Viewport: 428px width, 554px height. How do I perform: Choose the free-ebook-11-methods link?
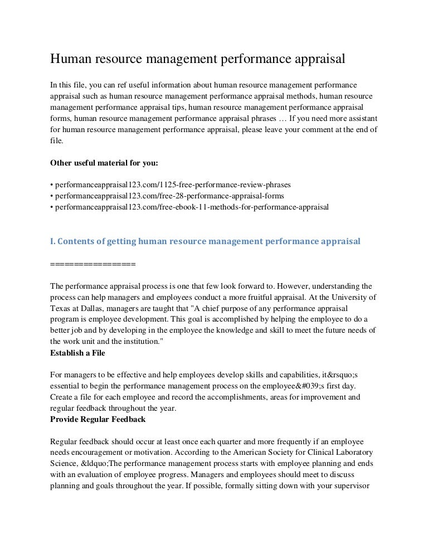click(x=189, y=207)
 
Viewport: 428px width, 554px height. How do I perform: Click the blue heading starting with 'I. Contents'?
click(x=205, y=241)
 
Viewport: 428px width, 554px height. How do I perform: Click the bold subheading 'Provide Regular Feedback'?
click(x=98, y=419)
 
